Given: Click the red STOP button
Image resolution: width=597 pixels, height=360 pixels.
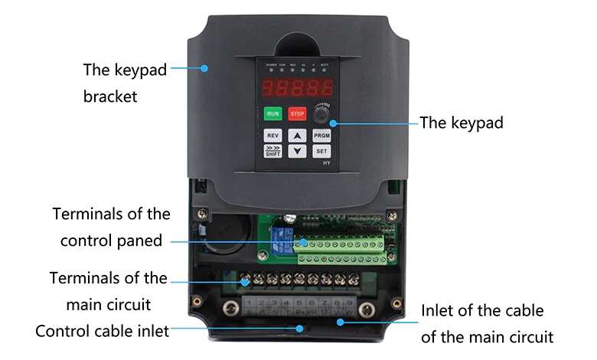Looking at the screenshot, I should click(297, 114).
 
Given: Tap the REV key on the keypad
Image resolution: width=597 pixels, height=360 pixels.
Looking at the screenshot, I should click(273, 136).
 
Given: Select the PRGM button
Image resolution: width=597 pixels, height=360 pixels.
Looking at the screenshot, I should click(321, 136).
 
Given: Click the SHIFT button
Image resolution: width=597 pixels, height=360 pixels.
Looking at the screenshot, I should click(273, 151).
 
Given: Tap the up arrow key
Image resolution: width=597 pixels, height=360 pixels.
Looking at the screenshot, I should click(298, 136).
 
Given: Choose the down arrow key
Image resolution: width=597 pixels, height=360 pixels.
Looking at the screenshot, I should click(298, 151).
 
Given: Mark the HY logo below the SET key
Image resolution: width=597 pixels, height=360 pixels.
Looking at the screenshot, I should click(326, 163).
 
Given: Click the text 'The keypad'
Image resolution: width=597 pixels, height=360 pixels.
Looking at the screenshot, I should click(462, 123).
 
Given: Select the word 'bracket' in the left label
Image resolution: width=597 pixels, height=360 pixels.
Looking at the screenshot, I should click(110, 97).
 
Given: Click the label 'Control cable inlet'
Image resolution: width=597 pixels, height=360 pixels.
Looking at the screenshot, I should click(102, 332).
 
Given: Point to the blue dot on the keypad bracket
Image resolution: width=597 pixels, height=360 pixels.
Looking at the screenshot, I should click(204, 68).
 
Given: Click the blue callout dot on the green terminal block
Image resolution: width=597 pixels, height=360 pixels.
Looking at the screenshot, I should click(304, 242).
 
